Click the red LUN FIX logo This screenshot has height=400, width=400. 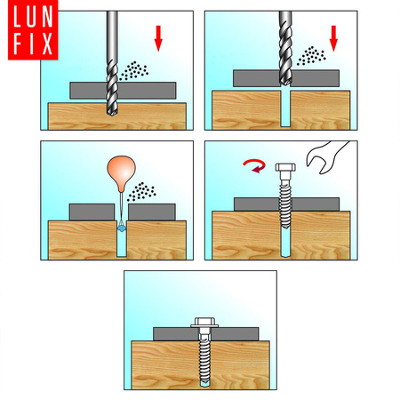tap(33, 29)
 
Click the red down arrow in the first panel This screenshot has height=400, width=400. tap(158, 38)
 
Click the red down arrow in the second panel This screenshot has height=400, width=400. tap(333, 38)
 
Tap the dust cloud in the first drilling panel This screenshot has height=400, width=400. tap(134, 71)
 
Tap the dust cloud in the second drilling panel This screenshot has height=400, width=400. tap(311, 56)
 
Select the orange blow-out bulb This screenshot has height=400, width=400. tap(121, 173)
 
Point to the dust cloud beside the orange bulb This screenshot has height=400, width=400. tap(141, 192)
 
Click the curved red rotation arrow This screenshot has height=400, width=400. tap(254, 165)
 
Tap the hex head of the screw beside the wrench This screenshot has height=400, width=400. tap(285, 167)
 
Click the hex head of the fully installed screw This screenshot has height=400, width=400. tap(204, 321)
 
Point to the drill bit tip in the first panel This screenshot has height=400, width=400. tap(112, 113)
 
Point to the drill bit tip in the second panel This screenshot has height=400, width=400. tap(285, 84)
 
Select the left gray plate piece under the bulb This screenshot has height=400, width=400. tap(92, 212)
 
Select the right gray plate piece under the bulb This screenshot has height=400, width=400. tap(152, 212)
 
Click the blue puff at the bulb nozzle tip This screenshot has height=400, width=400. tap(122, 228)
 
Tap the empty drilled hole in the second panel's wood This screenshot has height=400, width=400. tap(285, 109)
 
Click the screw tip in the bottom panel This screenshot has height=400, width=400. tap(204, 384)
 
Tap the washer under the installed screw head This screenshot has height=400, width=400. tap(204, 326)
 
